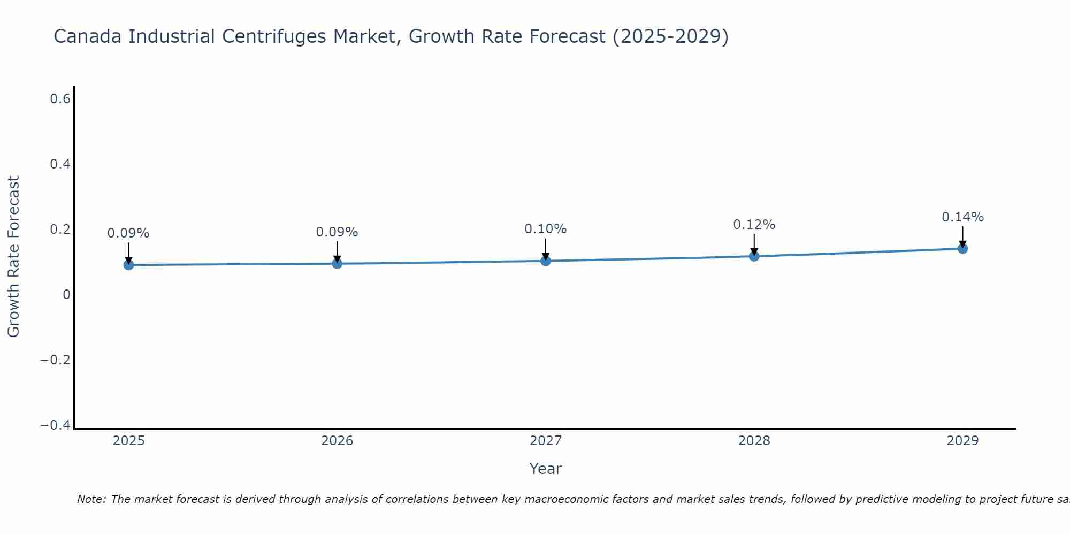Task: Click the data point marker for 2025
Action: point(128,264)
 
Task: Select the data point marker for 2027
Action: point(545,261)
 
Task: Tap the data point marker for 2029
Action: point(962,248)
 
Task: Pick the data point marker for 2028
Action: point(754,256)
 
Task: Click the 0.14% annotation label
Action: point(962,217)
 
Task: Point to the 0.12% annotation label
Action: point(754,225)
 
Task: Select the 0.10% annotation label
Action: point(545,229)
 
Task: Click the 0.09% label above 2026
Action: point(337,232)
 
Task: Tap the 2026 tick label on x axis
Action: point(337,441)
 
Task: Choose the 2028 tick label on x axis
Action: point(754,441)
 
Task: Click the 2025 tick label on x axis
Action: point(129,441)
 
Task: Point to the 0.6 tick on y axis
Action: point(60,99)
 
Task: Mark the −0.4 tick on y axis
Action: point(56,425)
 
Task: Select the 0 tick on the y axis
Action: point(66,295)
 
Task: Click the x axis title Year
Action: point(545,469)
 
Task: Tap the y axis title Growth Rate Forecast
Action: point(13,257)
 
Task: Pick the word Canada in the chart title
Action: point(88,37)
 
